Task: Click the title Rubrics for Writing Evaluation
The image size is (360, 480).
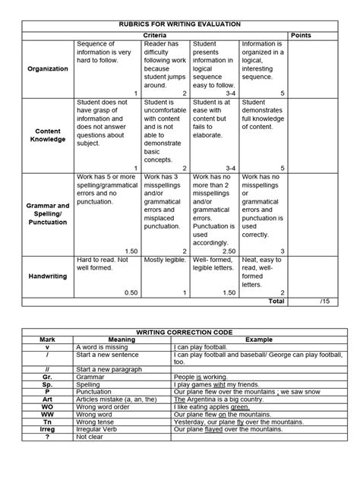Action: click(x=180, y=24)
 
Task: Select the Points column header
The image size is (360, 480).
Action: click(x=300, y=36)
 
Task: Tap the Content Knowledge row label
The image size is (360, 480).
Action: click(x=48, y=134)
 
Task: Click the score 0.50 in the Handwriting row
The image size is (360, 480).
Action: click(x=131, y=292)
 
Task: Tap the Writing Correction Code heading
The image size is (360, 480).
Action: click(x=179, y=332)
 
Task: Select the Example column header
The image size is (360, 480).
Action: click(x=251, y=340)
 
